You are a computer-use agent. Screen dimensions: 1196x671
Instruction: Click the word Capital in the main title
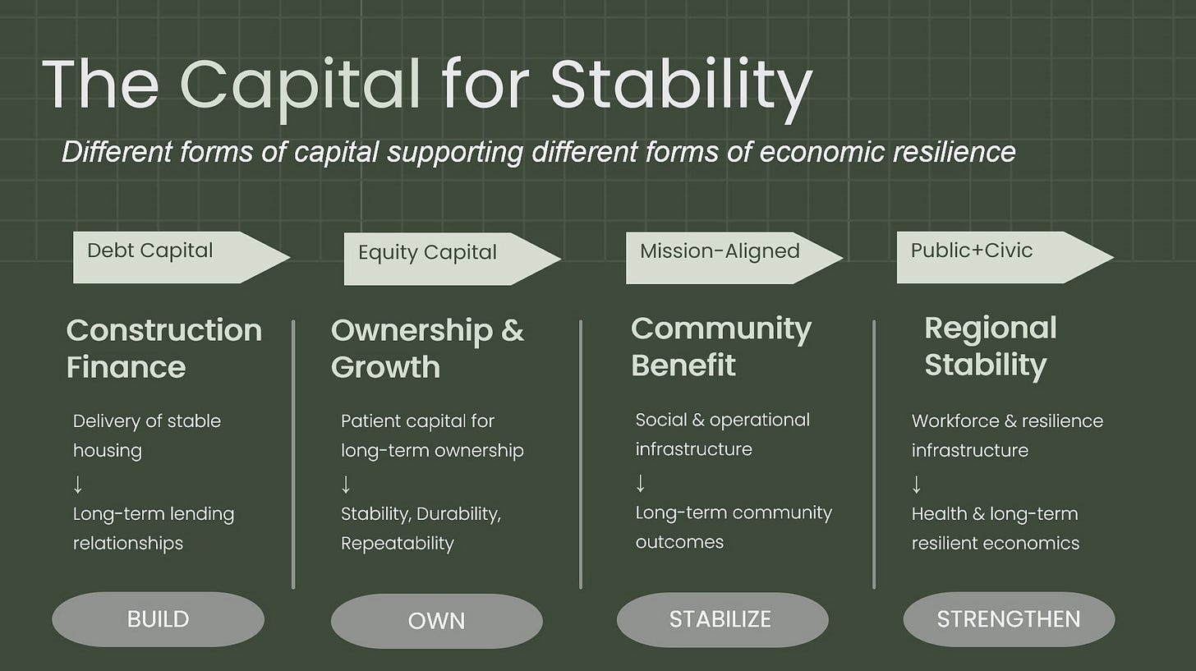tap(301, 87)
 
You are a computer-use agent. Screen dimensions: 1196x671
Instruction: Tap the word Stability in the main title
tap(681, 87)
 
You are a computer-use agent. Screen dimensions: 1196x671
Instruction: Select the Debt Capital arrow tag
tap(182, 257)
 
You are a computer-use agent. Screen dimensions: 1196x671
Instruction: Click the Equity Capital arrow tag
tap(453, 259)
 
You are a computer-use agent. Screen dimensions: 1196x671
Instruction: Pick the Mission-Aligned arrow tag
tap(734, 258)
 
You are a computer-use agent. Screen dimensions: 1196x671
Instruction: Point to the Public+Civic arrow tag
tap(1005, 257)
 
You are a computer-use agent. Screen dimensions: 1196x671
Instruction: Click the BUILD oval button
tap(158, 619)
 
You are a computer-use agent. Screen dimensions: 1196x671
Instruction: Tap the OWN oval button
tap(437, 621)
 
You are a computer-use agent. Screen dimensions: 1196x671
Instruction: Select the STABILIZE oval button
tap(722, 620)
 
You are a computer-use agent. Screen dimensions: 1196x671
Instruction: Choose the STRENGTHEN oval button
tap(1009, 619)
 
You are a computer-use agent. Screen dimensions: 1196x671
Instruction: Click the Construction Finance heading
tap(164, 348)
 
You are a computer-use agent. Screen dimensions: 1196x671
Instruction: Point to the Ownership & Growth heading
tap(427, 348)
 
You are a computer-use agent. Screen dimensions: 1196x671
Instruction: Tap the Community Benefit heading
tap(721, 347)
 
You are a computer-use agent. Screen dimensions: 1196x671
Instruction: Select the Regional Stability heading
tap(991, 347)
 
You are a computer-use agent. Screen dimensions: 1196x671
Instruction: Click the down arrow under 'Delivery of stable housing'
tap(78, 485)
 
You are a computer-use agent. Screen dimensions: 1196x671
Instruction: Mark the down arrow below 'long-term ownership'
tap(346, 485)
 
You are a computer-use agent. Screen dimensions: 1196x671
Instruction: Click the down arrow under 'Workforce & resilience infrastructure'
tap(916, 485)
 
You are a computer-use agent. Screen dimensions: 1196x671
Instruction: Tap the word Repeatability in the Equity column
tap(398, 544)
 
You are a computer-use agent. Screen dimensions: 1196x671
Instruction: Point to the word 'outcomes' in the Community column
tap(679, 542)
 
